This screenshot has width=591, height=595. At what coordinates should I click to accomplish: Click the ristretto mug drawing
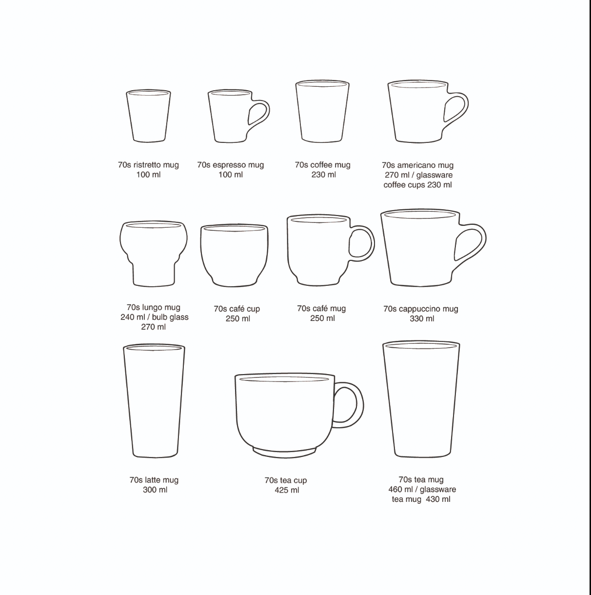click(x=149, y=116)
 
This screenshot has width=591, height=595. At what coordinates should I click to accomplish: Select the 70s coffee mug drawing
click(x=322, y=112)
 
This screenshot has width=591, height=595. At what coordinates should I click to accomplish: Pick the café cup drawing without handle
click(x=234, y=255)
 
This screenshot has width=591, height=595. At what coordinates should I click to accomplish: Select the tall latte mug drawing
click(x=154, y=400)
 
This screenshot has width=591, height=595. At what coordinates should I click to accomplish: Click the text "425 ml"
click(x=287, y=490)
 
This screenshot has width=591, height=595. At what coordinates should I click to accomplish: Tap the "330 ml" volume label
click(x=422, y=318)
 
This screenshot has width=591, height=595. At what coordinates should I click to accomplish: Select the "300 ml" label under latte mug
click(x=155, y=490)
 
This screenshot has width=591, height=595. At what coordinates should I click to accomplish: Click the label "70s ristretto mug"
click(x=148, y=165)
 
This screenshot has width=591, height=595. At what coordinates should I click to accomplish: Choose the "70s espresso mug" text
click(x=230, y=165)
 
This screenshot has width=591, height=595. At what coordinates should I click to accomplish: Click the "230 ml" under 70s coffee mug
click(x=323, y=175)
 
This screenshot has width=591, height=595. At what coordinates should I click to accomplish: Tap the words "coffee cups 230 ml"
click(x=417, y=185)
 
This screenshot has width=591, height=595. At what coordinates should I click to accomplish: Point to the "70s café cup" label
click(x=236, y=309)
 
